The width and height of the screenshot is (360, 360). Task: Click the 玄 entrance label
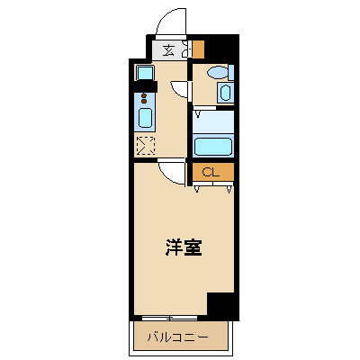(x=168, y=50)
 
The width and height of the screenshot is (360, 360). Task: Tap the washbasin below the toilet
(x=224, y=92)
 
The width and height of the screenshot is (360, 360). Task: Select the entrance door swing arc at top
(x=170, y=20)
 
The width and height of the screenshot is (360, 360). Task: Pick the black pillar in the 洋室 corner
(x=222, y=306)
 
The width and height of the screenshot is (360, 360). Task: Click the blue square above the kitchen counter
(x=144, y=72)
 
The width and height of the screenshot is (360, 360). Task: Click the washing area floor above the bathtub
(x=212, y=121)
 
